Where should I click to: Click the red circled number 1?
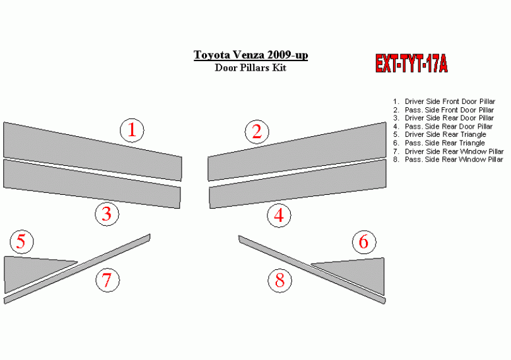point(132,131)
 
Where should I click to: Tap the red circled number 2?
point(257,132)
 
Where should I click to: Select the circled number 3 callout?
point(107,214)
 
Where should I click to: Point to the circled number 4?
point(279,216)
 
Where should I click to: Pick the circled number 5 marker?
point(21,241)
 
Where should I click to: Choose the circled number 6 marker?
point(364,242)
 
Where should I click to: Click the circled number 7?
point(107,280)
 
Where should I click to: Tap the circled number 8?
point(280,281)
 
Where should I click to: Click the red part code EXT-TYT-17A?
point(411,63)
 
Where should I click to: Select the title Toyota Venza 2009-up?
point(250,55)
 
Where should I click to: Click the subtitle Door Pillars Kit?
point(250,67)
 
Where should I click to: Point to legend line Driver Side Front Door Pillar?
point(444,102)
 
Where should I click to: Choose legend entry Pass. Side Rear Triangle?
point(439,143)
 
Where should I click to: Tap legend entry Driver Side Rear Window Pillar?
point(449,151)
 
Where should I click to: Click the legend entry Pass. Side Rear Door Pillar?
point(443,126)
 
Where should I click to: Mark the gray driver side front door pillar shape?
point(93,151)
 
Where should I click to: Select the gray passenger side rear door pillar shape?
point(298,184)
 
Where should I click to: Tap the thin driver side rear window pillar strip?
point(77,269)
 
